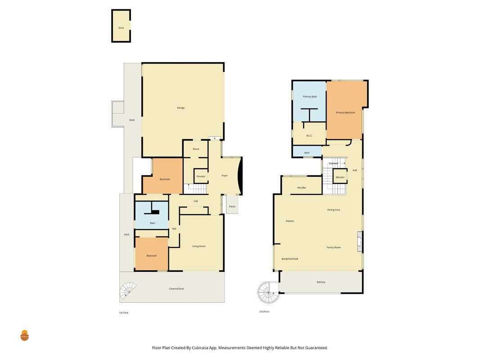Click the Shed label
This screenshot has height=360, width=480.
[x=121, y=28]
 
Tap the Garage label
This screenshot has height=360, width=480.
[x=180, y=108]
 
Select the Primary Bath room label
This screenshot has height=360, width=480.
[x=310, y=97]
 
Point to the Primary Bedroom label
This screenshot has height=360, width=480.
[x=345, y=112]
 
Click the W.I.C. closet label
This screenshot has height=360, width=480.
[x=309, y=135]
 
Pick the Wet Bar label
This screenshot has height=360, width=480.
[x=301, y=188]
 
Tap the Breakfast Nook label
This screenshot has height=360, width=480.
[x=290, y=259]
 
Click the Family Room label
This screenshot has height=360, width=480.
[x=333, y=247]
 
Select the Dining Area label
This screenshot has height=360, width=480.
[x=333, y=210]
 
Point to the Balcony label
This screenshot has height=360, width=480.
[x=321, y=282]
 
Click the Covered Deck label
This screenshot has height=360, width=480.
[x=176, y=288]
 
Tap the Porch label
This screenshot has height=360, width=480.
[x=232, y=207]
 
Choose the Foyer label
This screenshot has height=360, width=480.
[x=224, y=175]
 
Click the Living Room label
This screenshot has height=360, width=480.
[x=199, y=246]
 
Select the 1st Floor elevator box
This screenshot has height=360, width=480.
[x=201, y=176]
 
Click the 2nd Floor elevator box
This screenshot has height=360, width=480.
[x=340, y=176]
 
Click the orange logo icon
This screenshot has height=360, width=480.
[x=24, y=336]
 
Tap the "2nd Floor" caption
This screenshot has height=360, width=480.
[x=264, y=312]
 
